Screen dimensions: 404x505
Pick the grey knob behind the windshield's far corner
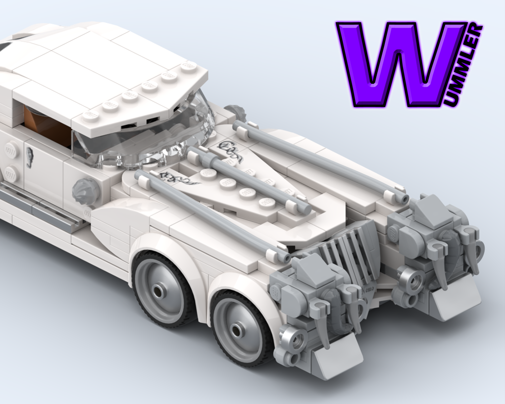click(x=234, y=113)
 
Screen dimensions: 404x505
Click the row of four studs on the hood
click(x=235, y=187)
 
